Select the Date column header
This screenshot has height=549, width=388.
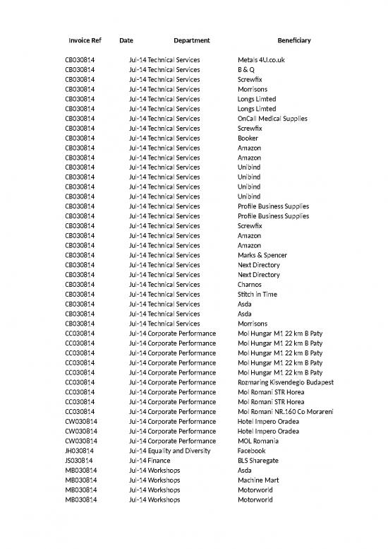[x=127, y=40]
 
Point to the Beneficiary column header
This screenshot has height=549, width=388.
[x=295, y=40]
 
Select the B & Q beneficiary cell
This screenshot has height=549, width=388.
[x=246, y=70]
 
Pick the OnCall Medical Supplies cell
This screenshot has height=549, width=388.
[x=272, y=119]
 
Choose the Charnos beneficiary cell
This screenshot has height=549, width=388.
[x=250, y=284]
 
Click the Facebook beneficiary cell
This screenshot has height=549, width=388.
[x=252, y=450]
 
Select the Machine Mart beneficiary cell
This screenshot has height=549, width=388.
[x=258, y=479]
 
